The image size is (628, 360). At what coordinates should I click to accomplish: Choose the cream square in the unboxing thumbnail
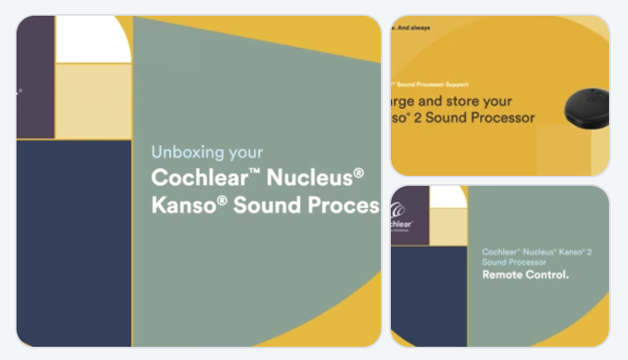[x=93, y=101]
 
